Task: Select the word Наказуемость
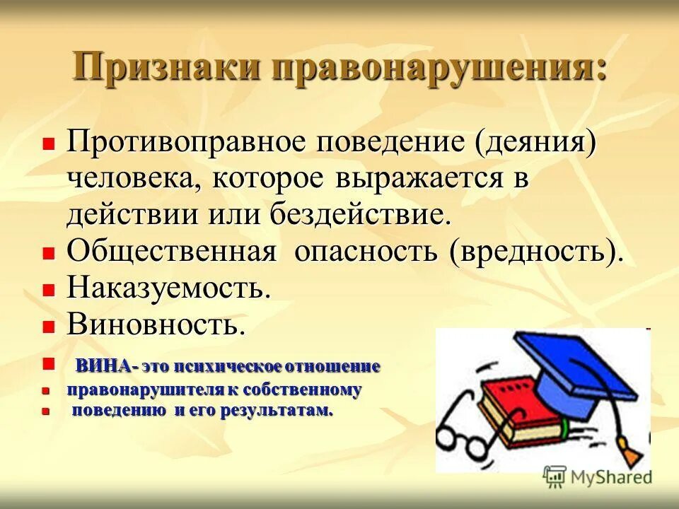tap(169, 288)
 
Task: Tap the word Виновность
tap(156, 324)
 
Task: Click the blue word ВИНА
tap(103, 366)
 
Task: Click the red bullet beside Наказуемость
tap(48, 290)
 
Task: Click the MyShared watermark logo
tap(598, 476)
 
